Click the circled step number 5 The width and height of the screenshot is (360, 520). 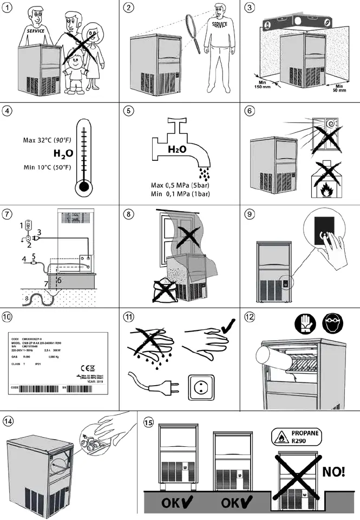[x=128, y=111]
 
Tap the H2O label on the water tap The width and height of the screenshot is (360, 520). [x=176, y=149]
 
